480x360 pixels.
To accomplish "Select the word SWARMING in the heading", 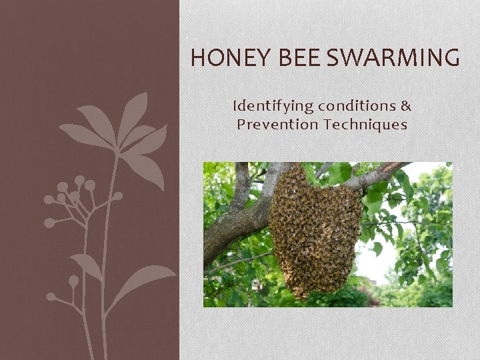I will [395, 59].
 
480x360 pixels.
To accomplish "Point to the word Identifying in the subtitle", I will [273, 106].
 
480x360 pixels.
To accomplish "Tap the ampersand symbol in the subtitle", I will [406, 106].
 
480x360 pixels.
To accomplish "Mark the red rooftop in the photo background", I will [373, 301].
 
